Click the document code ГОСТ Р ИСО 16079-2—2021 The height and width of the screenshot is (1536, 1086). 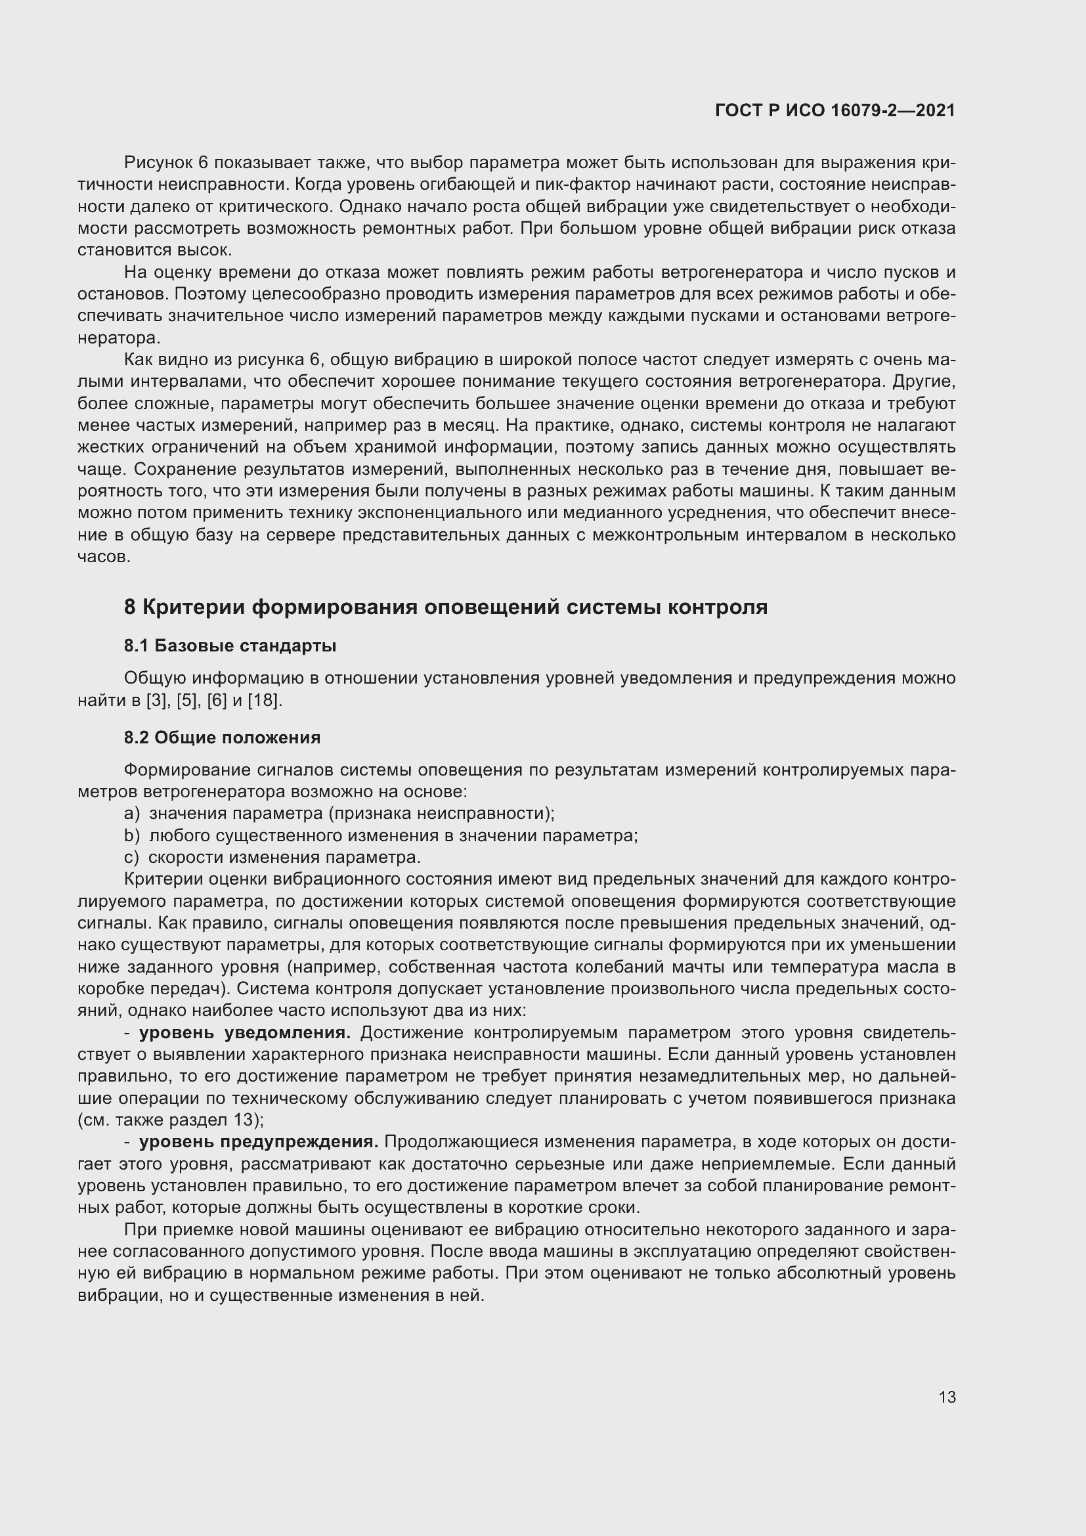[x=835, y=110]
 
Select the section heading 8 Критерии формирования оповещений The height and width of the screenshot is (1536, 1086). [x=445, y=607]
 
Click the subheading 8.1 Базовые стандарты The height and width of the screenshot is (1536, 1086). [x=230, y=646]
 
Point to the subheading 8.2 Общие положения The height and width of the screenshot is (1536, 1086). [x=222, y=737]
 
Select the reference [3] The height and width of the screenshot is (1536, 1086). [x=157, y=701]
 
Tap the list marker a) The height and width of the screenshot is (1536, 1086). [x=132, y=814]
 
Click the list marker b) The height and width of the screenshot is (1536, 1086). [x=132, y=835]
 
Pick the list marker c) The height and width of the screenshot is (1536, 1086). [x=132, y=858]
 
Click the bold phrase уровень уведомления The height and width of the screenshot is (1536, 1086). [x=245, y=1033]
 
